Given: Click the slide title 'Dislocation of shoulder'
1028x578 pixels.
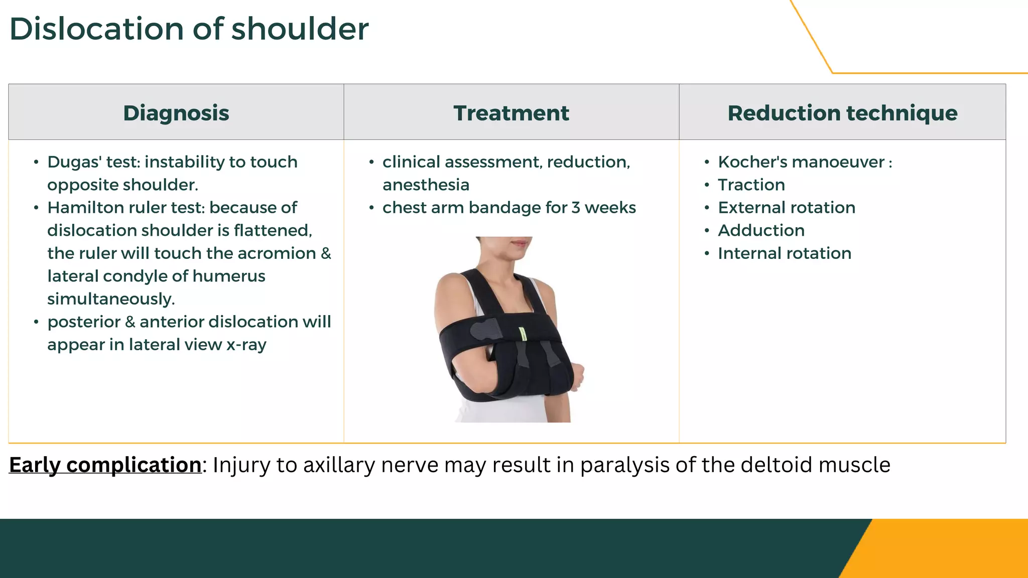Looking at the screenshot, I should [x=189, y=29].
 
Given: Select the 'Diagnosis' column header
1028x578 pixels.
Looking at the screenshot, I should [x=176, y=113].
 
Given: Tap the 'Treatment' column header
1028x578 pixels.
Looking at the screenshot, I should [x=511, y=113].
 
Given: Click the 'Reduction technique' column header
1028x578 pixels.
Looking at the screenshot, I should [x=842, y=113].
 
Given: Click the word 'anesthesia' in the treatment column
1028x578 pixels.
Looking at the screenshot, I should [x=426, y=185].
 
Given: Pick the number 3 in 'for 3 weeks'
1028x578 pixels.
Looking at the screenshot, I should [x=576, y=208].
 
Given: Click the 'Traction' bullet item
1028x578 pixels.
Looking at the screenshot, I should [x=751, y=185].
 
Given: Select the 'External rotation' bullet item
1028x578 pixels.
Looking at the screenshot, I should [x=786, y=208].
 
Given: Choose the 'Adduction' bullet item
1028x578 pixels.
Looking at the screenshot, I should [x=761, y=231].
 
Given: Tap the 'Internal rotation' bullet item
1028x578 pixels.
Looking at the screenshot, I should [x=784, y=253].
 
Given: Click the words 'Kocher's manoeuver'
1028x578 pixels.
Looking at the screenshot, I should [x=801, y=162].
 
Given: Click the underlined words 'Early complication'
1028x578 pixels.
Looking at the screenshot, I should [x=105, y=465].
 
